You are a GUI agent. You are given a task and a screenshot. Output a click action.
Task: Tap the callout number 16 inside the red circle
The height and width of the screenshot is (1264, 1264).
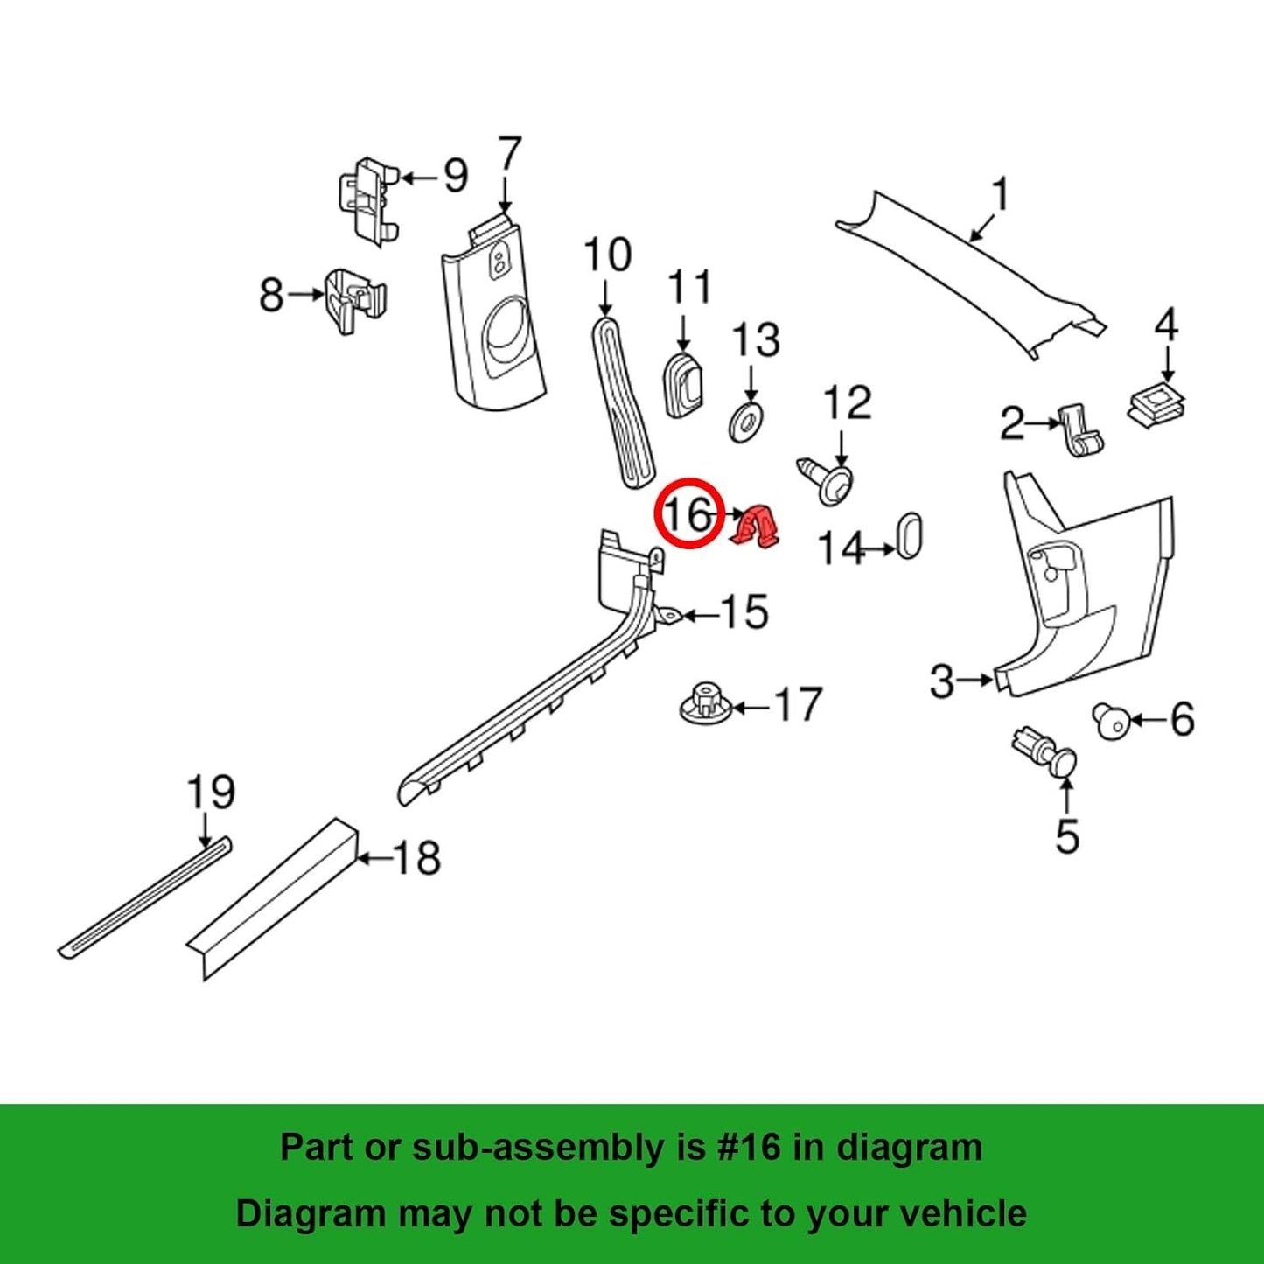688,515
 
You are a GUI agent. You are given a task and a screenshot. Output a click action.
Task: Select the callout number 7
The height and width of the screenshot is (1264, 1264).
508,158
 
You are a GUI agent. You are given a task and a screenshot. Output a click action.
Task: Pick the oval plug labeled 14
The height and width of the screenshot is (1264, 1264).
909,536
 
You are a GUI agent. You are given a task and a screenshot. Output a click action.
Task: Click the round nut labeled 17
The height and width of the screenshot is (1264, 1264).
704,704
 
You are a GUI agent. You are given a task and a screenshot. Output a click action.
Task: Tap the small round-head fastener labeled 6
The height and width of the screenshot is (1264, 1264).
1112,723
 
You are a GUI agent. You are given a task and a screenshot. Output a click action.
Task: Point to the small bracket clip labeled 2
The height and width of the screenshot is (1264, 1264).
1080,430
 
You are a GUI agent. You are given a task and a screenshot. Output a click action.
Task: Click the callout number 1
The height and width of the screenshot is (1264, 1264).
999,194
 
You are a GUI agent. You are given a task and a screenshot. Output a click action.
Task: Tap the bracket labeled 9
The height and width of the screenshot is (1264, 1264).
368,199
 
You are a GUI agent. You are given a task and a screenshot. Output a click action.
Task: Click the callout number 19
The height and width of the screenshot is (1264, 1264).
211,793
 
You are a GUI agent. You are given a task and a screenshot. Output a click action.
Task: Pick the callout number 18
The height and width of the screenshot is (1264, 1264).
417,858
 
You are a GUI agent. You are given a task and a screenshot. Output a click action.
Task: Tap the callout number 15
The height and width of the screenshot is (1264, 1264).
744,612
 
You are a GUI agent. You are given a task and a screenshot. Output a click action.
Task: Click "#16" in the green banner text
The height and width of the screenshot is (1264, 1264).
748,1147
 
